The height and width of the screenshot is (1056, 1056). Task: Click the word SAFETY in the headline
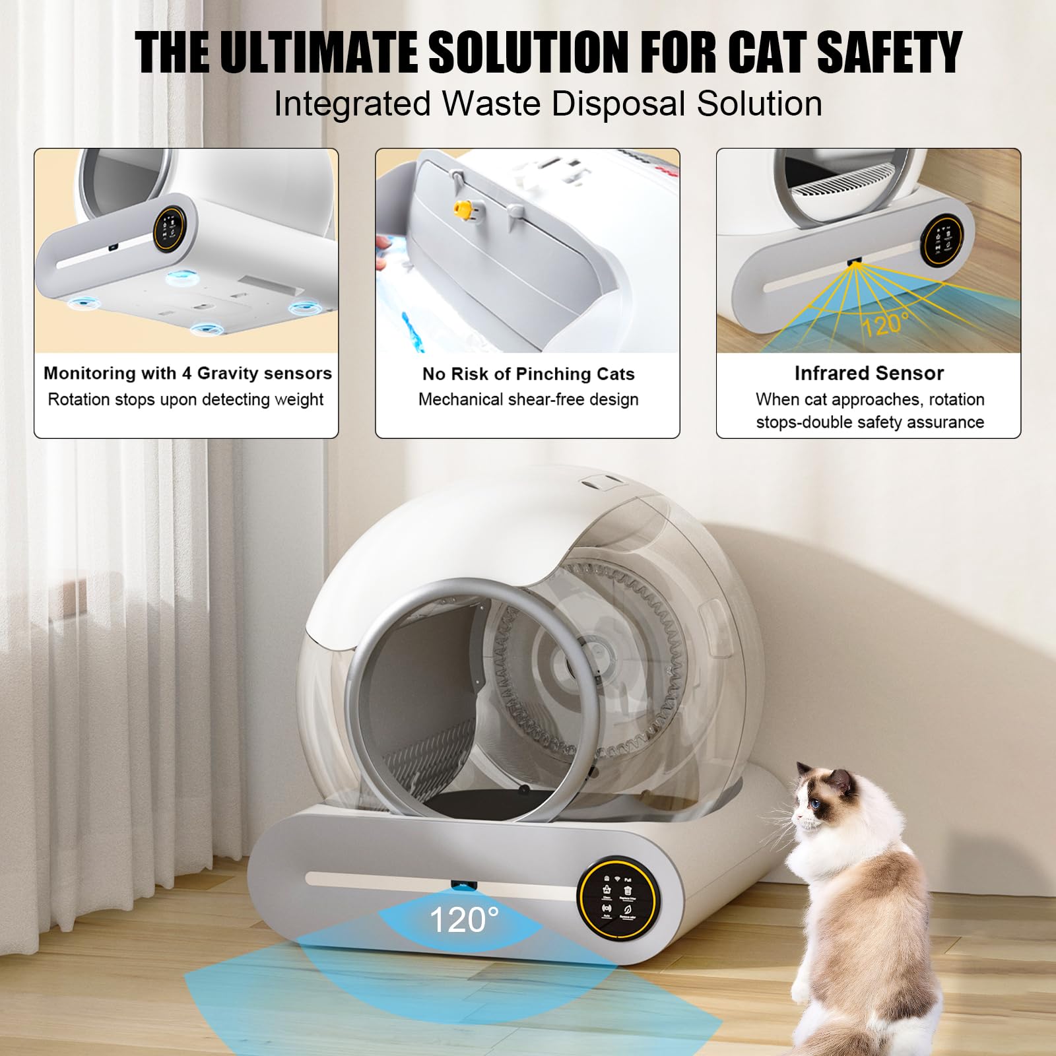889,52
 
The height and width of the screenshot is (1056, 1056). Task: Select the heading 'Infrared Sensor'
869,374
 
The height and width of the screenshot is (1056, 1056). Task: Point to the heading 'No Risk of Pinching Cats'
528,374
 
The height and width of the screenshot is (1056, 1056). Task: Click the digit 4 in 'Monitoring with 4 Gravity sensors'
187,374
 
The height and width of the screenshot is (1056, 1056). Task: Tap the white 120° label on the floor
463,919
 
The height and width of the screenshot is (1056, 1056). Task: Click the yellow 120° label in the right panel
884,324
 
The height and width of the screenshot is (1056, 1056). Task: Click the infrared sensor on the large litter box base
463,884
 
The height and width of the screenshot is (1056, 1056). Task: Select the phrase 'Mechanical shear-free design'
528,400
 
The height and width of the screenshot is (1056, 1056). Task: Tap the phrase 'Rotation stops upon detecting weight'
185,400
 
